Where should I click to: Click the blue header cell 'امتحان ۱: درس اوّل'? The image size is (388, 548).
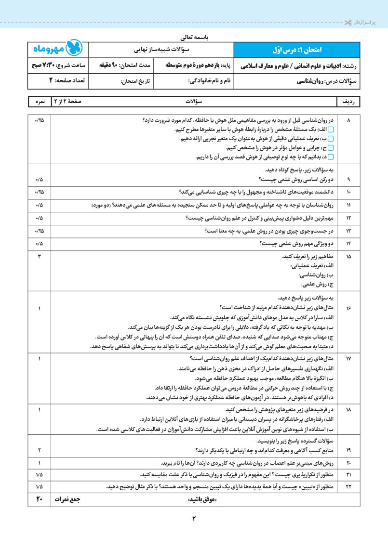pyautogui.click(x=296, y=50)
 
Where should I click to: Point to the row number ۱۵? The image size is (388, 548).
pyautogui.click(x=348, y=257)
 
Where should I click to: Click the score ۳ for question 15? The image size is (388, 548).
pyautogui.click(x=39, y=257)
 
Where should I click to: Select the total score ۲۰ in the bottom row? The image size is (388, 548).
pyautogui.click(x=39, y=499)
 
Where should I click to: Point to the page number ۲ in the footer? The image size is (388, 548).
pyautogui.click(x=194, y=519)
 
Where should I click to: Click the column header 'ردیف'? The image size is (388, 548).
pyautogui.click(x=348, y=102)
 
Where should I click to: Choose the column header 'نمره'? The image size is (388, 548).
pyautogui.click(x=40, y=102)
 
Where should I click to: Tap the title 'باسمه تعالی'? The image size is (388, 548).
pyautogui.click(x=194, y=36)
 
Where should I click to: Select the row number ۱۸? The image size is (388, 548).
pyautogui.click(x=348, y=409)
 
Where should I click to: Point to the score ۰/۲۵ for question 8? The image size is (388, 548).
pyautogui.click(x=39, y=120)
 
